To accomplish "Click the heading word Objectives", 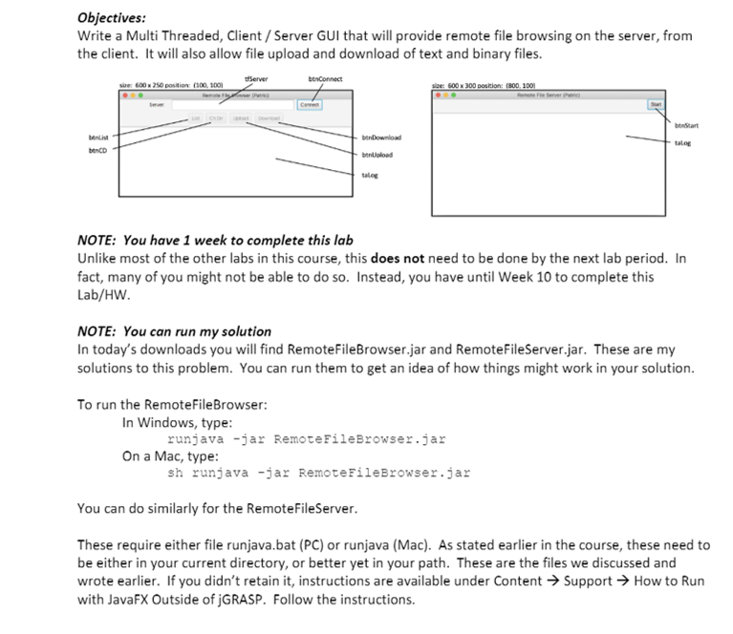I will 112,16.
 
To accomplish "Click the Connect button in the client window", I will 309,104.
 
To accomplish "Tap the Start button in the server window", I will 655,104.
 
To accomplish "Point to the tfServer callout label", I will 257,78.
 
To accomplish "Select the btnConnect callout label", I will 326,78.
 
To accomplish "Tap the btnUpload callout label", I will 377,155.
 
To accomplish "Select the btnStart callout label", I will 686,125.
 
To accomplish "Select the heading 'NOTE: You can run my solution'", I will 174,331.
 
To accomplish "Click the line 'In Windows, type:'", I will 177,422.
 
